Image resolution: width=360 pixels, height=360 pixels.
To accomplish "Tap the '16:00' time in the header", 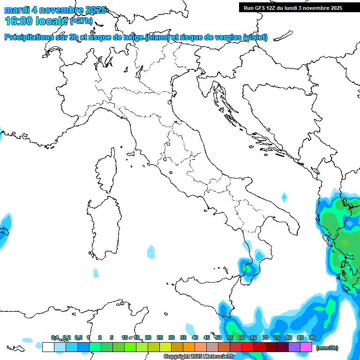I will tap(19, 21).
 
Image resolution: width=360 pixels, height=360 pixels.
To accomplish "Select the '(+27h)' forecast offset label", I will tap(81, 21).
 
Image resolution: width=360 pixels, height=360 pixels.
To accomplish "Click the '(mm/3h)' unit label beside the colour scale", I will tap(327, 348).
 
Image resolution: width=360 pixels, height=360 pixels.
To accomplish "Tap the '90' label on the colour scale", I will tap(312, 338).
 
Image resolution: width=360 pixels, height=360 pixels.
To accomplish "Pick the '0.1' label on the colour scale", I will tap(55, 338).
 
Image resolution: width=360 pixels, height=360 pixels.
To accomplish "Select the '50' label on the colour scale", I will tap(218, 338).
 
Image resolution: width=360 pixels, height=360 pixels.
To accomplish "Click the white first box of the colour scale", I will tap(48, 347).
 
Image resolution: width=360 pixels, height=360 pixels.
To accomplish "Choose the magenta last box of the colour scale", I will tap(306, 347).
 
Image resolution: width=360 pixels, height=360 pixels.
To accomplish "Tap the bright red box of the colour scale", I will tap(247, 347).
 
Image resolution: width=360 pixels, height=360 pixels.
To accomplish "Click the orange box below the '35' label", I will tap(188, 347).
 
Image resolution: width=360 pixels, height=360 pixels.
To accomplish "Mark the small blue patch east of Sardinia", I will tap(150, 252).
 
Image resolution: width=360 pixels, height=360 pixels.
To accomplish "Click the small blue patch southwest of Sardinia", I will tap(96, 273).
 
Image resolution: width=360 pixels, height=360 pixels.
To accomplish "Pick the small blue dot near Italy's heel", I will tap(284, 196).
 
